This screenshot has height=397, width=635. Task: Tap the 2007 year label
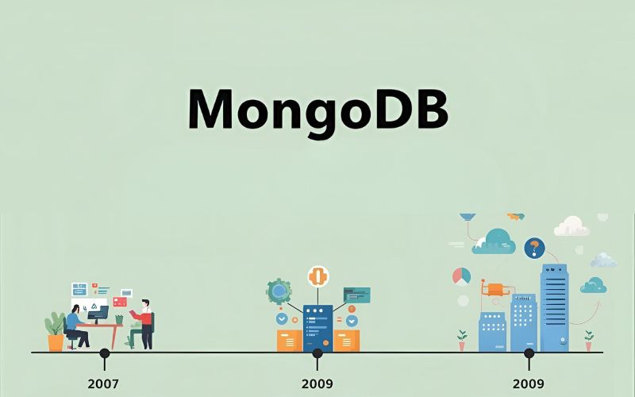103,384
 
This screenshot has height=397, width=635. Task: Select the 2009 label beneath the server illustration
317,384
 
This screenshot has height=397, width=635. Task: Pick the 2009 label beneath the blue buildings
529,384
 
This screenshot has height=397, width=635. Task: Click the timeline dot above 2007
104,353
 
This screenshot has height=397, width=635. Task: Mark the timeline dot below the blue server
317,353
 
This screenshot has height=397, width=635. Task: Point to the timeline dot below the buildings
529,353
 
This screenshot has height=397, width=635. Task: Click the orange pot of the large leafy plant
56,342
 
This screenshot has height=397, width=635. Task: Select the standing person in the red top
144,322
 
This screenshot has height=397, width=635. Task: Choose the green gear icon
279,291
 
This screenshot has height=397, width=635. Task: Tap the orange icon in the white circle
318,276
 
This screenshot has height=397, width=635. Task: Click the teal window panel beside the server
356,295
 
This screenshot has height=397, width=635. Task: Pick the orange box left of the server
289,340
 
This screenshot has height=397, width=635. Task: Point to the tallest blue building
554,306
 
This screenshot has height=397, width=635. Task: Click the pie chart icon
461,276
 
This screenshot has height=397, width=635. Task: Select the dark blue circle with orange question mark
534,248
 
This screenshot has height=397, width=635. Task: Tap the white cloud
571,227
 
